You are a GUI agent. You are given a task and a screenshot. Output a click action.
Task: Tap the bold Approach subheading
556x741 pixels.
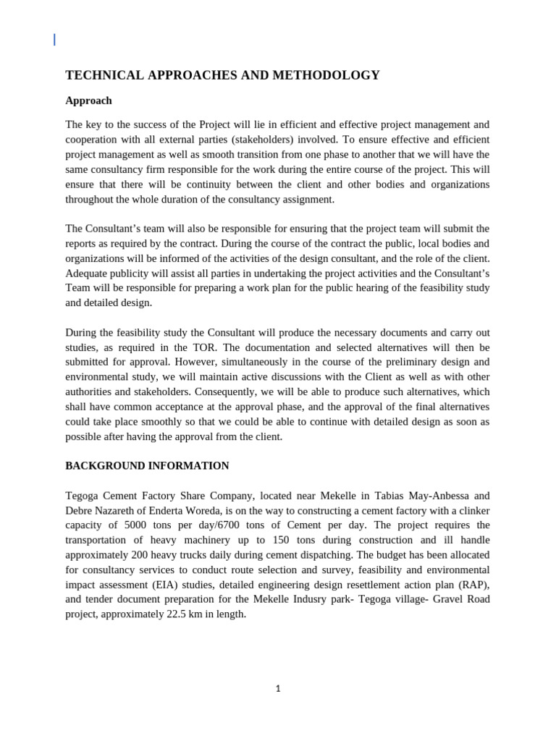[88, 101]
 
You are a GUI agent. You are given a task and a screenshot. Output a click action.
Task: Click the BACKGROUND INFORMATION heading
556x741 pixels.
[147, 466]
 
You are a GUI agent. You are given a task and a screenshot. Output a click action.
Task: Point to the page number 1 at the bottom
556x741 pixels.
[278, 689]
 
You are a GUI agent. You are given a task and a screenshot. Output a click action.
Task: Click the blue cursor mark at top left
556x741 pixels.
[54, 40]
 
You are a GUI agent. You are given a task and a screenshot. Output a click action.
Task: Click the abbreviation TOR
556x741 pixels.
[204, 347]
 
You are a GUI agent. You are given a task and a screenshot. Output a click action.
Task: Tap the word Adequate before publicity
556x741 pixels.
[88, 273]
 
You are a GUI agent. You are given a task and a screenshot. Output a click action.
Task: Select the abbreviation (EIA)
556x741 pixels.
[181, 585]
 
